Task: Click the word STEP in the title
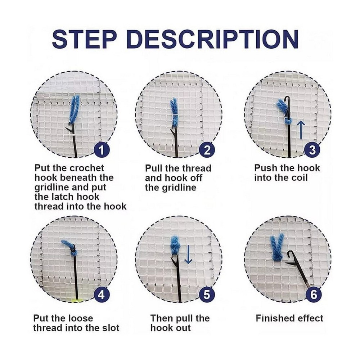pos(84,39)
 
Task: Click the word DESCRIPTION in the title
pos(213,39)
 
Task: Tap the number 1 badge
pos(102,150)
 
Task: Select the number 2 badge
pos(207,150)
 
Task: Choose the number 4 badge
pos(102,294)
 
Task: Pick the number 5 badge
pos(207,294)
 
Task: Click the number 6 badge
pos(314,294)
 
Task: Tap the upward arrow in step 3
pos(301,130)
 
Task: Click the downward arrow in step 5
pos(188,255)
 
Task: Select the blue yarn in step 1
pos(75,110)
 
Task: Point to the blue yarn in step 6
pos(277,248)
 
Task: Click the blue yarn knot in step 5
pos(175,245)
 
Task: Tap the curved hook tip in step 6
pos(290,253)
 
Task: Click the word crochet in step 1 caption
pos(87,168)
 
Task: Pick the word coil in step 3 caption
pos(298,178)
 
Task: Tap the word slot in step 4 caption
pos(111,328)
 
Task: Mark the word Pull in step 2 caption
pos(153,168)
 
